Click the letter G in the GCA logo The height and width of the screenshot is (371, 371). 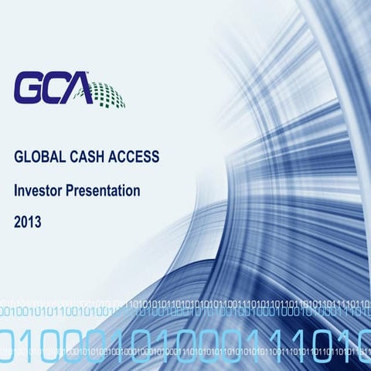tap(29, 88)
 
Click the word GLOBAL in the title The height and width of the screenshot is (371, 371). tap(36, 157)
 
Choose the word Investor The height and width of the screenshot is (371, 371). tap(37, 189)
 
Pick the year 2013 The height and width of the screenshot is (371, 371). tap(28, 222)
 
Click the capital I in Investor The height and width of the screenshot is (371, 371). tap(16, 189)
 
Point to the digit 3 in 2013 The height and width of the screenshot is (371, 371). tap(38, 222)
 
